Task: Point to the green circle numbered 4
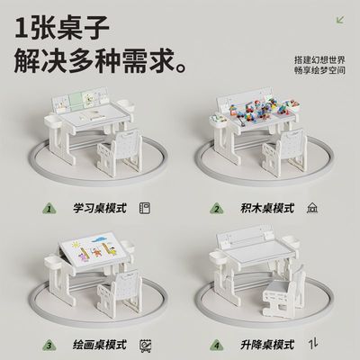click(x=217, y=344)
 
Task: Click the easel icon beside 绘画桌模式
click(x=146, y=344)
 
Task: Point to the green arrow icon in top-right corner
click(x=338, y=19)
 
